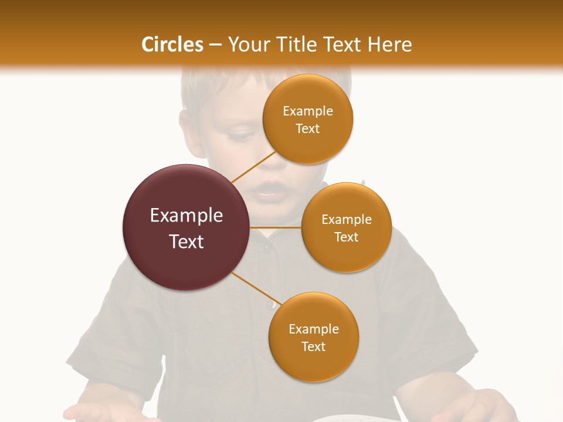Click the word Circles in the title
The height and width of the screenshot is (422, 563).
[172, 45]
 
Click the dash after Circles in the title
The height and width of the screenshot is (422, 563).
[215, 45]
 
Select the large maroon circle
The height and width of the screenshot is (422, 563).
[186, 228]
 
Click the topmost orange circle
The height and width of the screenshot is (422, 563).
[308, 119]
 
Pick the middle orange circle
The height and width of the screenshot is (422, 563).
[347, 227]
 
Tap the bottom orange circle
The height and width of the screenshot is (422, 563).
[314, 337]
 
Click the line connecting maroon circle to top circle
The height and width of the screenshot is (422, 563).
[253, 167]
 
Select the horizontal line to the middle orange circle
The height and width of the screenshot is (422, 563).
[276, 227]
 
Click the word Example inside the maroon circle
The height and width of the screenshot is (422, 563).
[186, 216]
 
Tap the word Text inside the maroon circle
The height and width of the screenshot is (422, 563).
[186, 241]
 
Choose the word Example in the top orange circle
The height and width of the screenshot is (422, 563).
[308, 111]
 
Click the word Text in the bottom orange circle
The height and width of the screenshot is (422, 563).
[314, 346]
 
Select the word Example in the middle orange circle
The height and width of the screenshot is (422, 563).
[347, 219]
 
